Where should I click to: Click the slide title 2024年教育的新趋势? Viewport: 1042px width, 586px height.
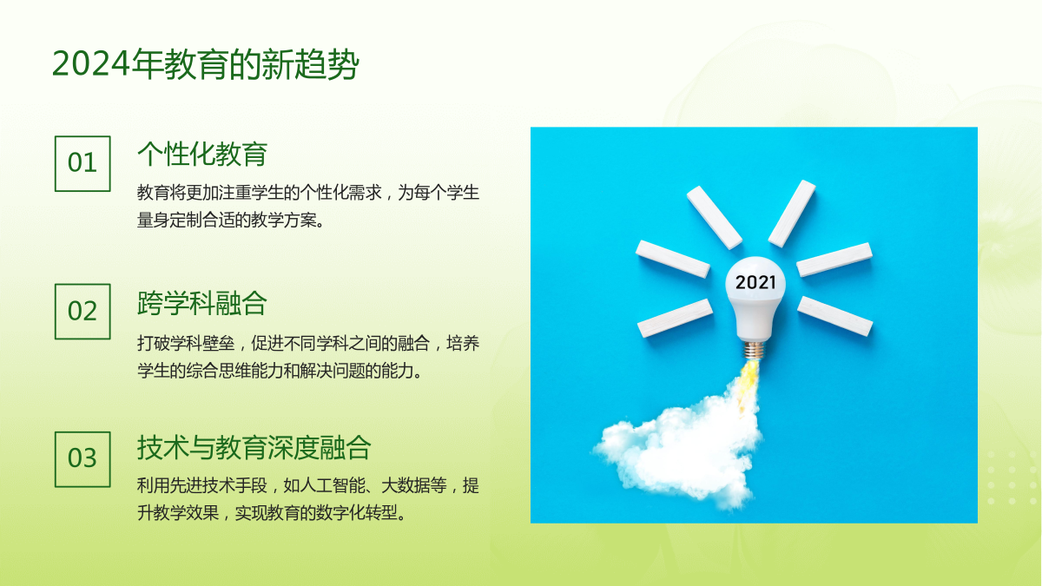[205, 63]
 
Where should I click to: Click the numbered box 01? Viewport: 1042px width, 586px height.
[82, 164]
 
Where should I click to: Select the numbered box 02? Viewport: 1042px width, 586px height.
[82, 312]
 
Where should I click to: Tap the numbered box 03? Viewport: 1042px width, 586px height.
[82, 459]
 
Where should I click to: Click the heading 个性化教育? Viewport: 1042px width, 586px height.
[202, 154]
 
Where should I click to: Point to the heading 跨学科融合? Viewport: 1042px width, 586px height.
[202, 303]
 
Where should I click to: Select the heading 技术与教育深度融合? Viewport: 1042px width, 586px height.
[254, 448]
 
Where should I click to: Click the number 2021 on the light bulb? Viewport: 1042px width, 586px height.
[755, 282]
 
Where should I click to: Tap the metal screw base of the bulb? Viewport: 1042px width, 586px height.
[754, 350]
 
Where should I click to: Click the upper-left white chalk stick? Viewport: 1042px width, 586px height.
[714, 218]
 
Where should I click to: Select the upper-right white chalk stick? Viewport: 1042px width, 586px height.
[792, 214]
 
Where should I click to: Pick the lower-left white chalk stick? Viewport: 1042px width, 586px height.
[675, 318]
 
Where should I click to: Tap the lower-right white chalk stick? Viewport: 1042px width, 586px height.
[835, 316]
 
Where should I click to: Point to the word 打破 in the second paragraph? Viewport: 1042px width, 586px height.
[154, 344]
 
